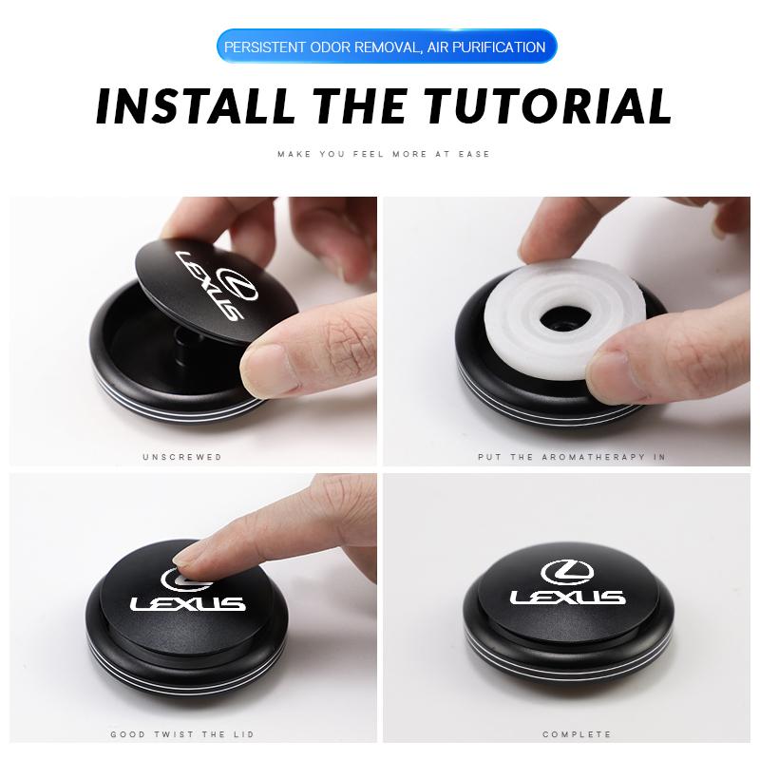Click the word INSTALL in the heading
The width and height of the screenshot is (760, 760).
tap(196, 106)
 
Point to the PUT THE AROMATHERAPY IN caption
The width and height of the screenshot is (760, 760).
tap(571, 457)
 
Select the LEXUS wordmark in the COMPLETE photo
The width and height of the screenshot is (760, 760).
tap(568, 598)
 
